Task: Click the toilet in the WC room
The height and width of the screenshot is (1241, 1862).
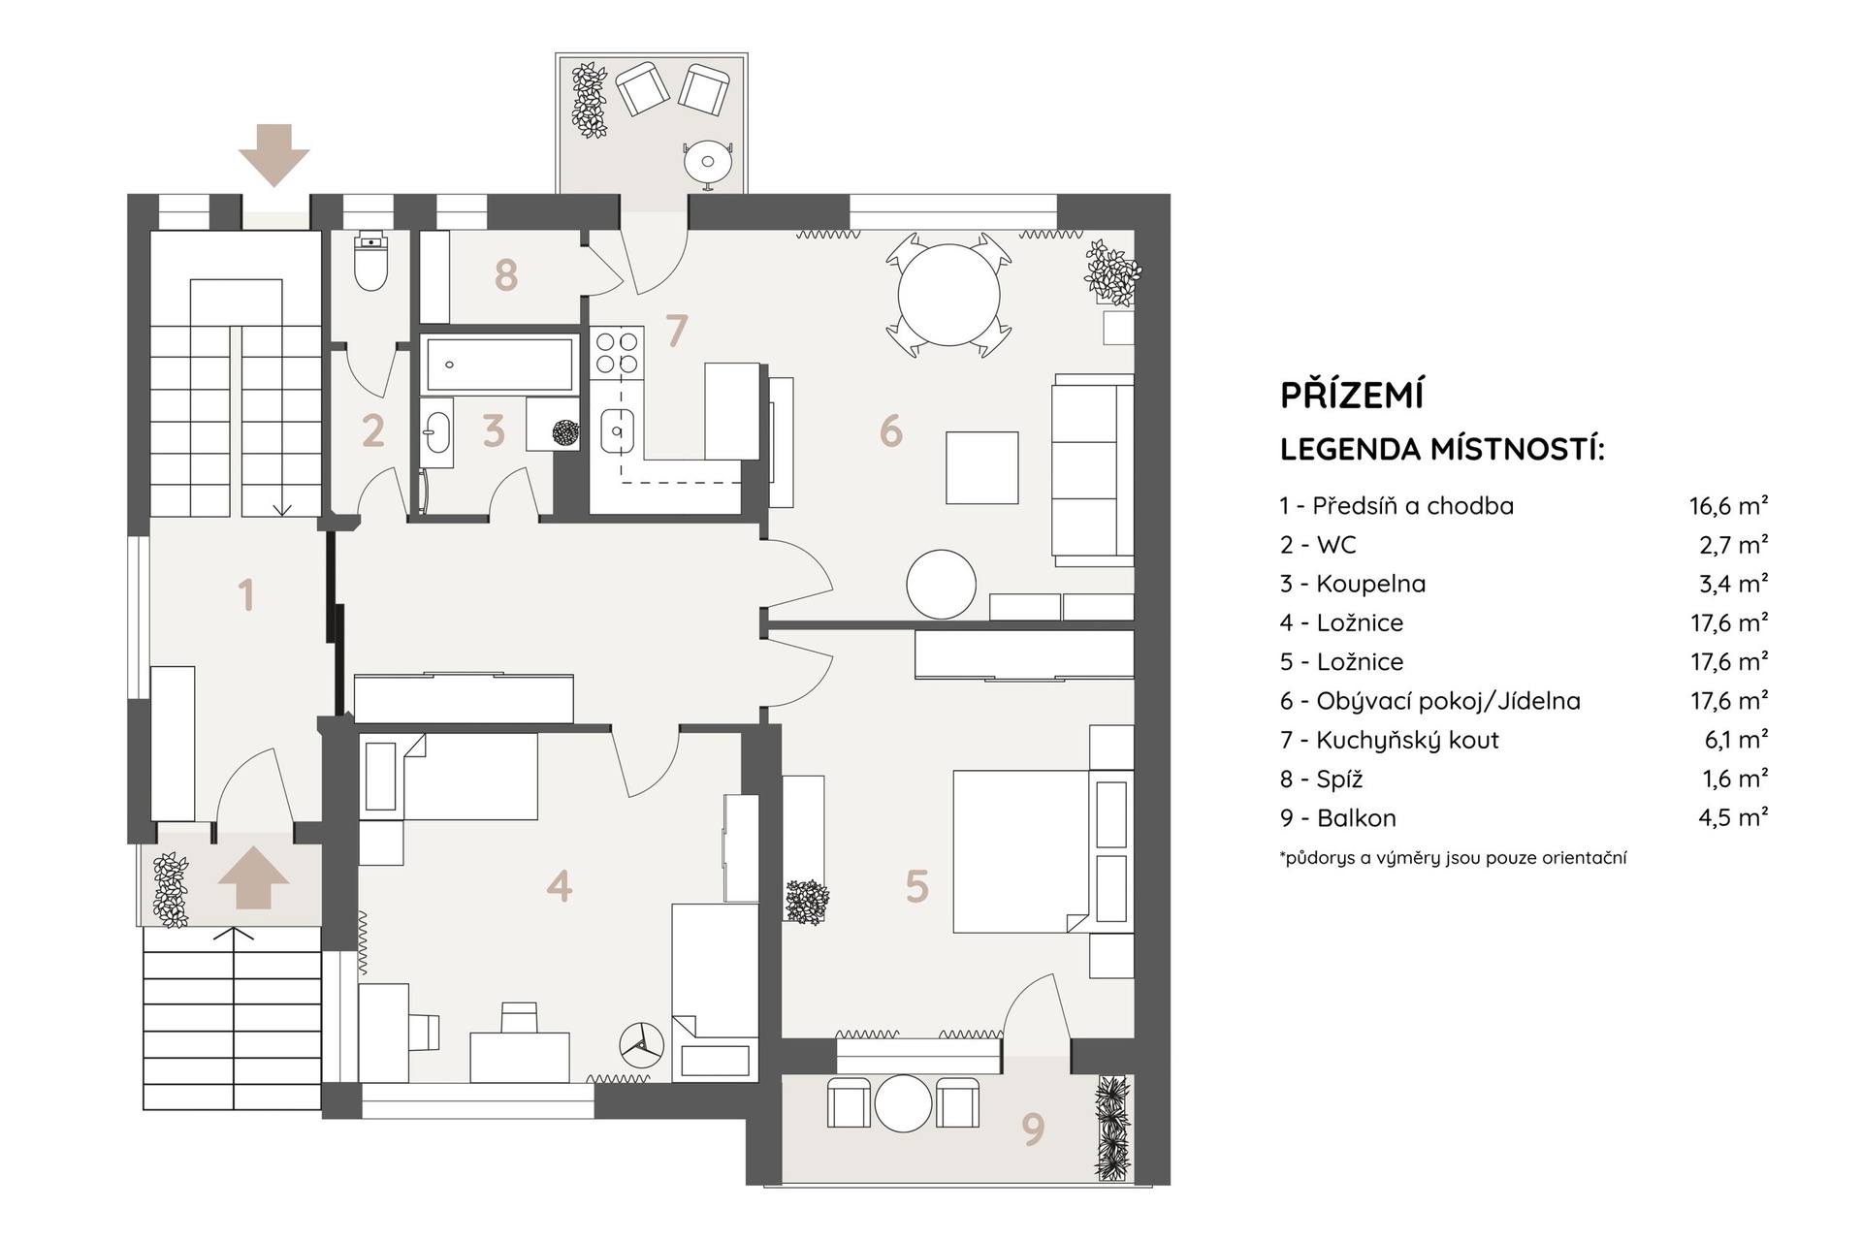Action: point(371,260)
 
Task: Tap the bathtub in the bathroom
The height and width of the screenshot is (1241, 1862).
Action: point(498,364)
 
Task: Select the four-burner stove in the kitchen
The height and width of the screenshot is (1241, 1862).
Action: point(618,352)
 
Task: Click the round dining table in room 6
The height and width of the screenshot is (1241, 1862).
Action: point(948,295)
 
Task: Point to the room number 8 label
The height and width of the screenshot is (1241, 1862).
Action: point(505,275)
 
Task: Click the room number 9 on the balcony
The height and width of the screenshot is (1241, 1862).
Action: point(1033,1129)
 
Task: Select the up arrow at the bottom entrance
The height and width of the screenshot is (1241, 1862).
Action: point(253,877)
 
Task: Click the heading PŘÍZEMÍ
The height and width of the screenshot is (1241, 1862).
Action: point(1352,395)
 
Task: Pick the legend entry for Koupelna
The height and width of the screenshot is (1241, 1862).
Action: point(1353,584)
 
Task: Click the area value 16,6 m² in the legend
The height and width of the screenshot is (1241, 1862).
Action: point(1728,505)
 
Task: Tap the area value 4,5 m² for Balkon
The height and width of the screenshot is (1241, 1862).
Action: point(1733,817)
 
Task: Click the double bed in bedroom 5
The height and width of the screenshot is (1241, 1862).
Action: point(1043,851)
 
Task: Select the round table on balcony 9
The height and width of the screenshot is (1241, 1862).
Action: point(903,1103)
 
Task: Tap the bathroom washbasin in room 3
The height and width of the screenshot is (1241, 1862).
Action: point(436,433)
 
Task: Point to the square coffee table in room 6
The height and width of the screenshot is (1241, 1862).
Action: point(981,468)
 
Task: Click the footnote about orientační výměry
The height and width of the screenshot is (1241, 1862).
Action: point(1453,858)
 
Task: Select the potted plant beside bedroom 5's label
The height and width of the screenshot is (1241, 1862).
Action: point(807,902)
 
